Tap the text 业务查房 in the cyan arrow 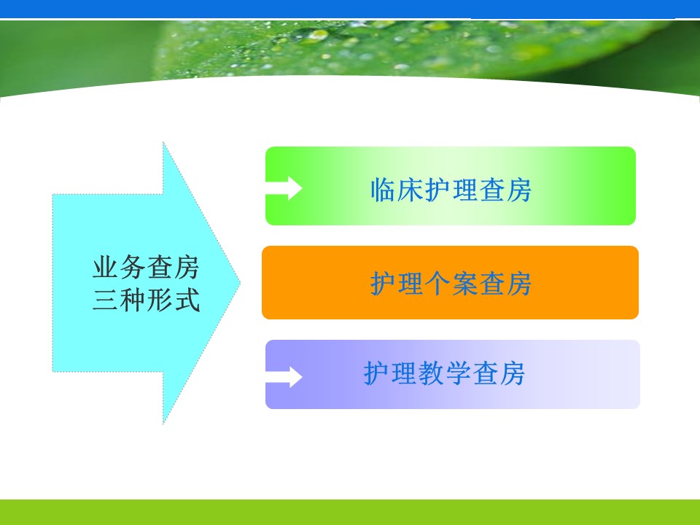tap(146, 267)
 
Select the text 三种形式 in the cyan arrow tap(146, 300)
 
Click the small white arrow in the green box tap(284, 188)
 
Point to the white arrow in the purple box tap(284, 377)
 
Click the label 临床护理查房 tap(451, 190)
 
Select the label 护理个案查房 tap(451, 284)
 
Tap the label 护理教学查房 tap(444, 373)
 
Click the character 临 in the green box tap(384, 190)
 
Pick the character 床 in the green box tap(411, 190)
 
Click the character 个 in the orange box tap(437, 284)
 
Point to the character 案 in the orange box tap(464, 284)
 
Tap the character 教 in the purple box tap(431, 373)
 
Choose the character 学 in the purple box tap(458, 373)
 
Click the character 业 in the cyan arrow tap(105, 267)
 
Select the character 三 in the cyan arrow tap(105, 300)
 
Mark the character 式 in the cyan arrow tap(187, 300)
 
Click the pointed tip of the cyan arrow tap(240, 283)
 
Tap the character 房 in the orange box tap(518, 284)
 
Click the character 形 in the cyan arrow tap(160, 300)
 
